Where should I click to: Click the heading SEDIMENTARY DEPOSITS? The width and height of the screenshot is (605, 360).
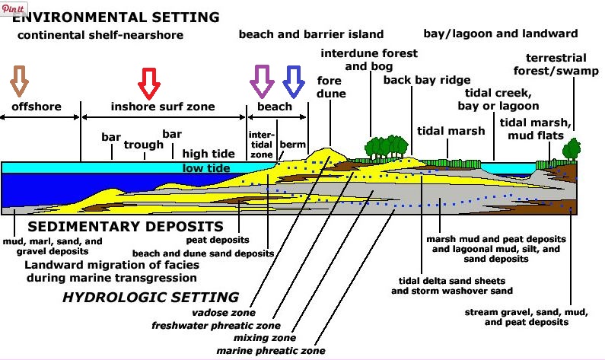(126, 227)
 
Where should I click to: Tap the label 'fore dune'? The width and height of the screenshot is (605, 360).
(331, 88)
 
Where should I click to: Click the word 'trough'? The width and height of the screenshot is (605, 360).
(144, 145)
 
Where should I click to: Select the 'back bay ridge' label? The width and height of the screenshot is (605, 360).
(426, 80)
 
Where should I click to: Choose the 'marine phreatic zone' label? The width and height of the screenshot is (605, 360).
(271, 351)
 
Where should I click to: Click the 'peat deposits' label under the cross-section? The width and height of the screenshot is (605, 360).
(231, 240)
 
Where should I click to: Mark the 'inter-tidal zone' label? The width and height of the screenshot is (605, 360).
(261, 143)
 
